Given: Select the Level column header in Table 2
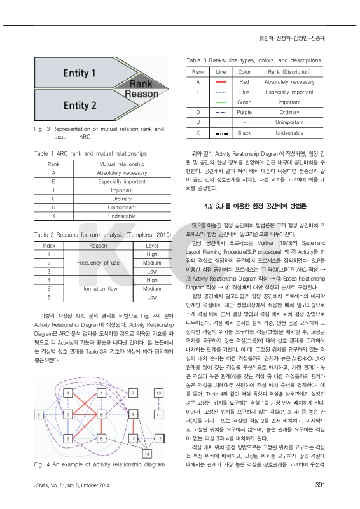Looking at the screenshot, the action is [x=151, y=244].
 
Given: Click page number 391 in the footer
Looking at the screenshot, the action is [x=321, y=486].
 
